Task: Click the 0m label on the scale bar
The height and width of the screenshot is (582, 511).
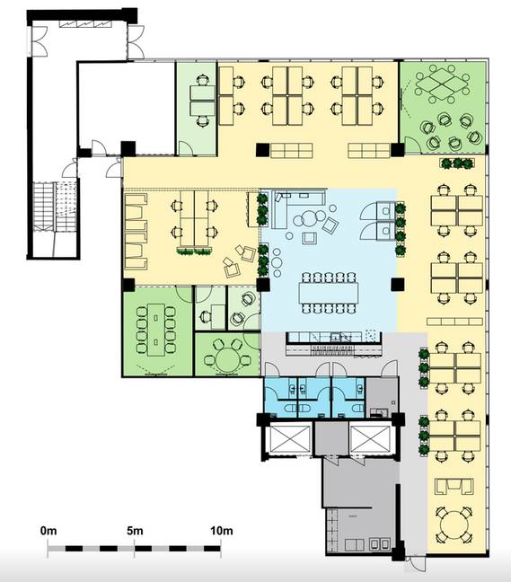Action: (48, 531)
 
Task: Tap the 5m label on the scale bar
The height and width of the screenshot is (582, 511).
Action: (135, 531)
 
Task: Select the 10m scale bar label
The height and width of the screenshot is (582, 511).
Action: (222, 531)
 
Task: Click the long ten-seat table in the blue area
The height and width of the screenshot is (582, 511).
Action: (329, 293)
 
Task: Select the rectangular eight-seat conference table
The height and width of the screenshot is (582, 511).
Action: (156, 330)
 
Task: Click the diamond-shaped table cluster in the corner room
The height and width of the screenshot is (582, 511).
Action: (442, 84)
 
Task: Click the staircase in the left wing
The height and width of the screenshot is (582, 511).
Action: (55, 207)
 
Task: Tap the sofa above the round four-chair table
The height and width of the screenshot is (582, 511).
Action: (454, 486)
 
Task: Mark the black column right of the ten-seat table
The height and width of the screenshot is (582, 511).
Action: (398, 285)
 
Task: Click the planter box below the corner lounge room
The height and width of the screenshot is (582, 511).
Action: (457, 163)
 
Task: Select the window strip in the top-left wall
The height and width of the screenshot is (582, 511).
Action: (85, 23)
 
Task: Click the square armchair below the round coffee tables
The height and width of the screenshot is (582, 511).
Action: (310, 238)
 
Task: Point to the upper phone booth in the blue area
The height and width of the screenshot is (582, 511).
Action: (385, 210)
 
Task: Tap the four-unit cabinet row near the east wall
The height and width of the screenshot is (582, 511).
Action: (454, 322)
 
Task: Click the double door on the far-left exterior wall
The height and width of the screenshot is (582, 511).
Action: (38, 40)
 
